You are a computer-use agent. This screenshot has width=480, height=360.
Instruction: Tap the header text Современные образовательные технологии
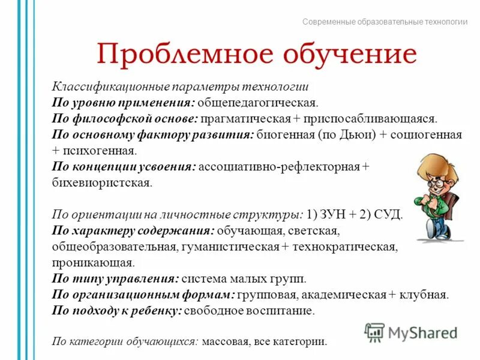[385, 22]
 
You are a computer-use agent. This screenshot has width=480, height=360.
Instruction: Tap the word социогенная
[426, 134]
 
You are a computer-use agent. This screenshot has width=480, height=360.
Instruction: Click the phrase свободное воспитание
[249, 311]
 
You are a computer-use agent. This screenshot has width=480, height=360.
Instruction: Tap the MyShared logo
[411, 332]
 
